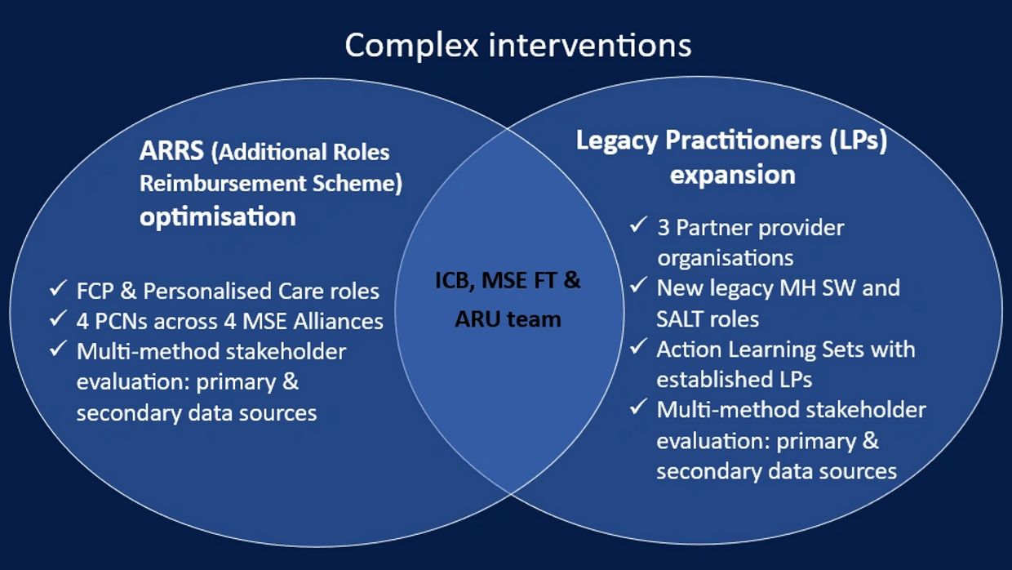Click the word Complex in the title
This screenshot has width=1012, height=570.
411,46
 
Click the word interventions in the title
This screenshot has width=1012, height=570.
590,45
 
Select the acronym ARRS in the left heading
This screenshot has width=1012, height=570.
171,150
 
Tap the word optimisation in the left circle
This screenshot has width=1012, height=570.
218,216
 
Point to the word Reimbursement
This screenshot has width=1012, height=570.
223,184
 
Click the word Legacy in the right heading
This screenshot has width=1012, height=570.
616,141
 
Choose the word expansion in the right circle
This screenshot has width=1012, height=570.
732,175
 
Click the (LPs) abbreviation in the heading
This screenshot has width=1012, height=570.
859,140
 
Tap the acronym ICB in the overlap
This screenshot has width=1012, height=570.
455,281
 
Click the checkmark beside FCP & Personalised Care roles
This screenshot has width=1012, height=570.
58,288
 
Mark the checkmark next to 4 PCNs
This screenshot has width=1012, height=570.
58,318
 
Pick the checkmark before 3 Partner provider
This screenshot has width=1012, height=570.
638,225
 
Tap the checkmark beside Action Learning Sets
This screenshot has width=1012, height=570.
638,347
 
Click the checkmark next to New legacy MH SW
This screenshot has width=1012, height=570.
638,285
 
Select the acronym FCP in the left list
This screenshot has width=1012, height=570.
95,291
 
